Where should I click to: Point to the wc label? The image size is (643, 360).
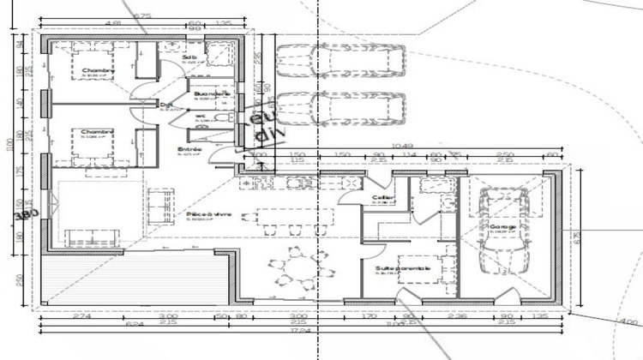[200, 116]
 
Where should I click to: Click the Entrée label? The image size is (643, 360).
[189, 149]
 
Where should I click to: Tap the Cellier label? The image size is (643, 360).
[382, 197]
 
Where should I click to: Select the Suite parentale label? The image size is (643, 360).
[403, 268]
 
